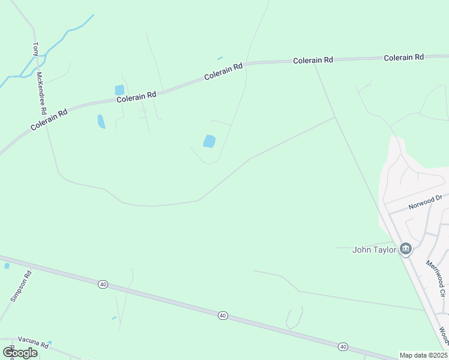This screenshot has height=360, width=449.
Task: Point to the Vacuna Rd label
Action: [x=32, y=343]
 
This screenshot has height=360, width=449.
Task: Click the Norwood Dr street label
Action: [x=425, y=202]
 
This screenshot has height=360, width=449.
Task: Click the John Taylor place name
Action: [x=374, y=250]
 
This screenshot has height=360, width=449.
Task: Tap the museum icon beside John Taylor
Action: [x=406, y=249]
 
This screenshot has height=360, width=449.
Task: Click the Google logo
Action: [x=20, y=352]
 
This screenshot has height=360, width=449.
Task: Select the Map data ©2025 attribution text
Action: [x=423, y=355]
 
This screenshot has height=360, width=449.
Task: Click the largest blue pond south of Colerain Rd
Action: [x=209, y=141]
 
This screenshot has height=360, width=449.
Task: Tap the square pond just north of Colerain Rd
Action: [x=119, y=90]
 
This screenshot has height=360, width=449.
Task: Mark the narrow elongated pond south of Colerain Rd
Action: [x=101, y=122]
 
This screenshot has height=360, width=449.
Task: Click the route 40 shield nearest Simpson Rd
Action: [x=103, y=284]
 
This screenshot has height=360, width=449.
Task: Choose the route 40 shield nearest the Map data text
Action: [x=343, y=346]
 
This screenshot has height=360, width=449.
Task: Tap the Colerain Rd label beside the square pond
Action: [x=136, y=96]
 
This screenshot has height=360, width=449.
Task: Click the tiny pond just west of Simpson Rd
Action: [x=7, y=265]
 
